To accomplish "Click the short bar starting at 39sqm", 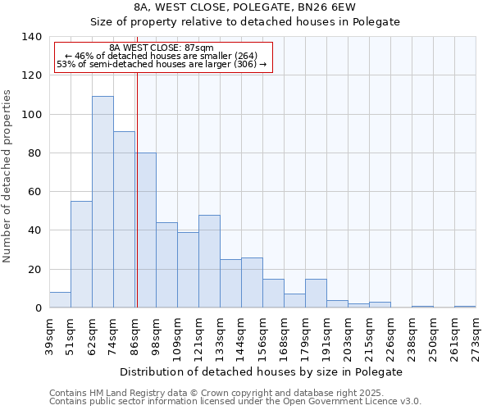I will pyautogui.click(x=60, y=300).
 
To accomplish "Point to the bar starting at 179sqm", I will pyautogui.click(x=316, y=294).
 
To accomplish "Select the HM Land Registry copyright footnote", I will pyautogui.click(x=216, y=393).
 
